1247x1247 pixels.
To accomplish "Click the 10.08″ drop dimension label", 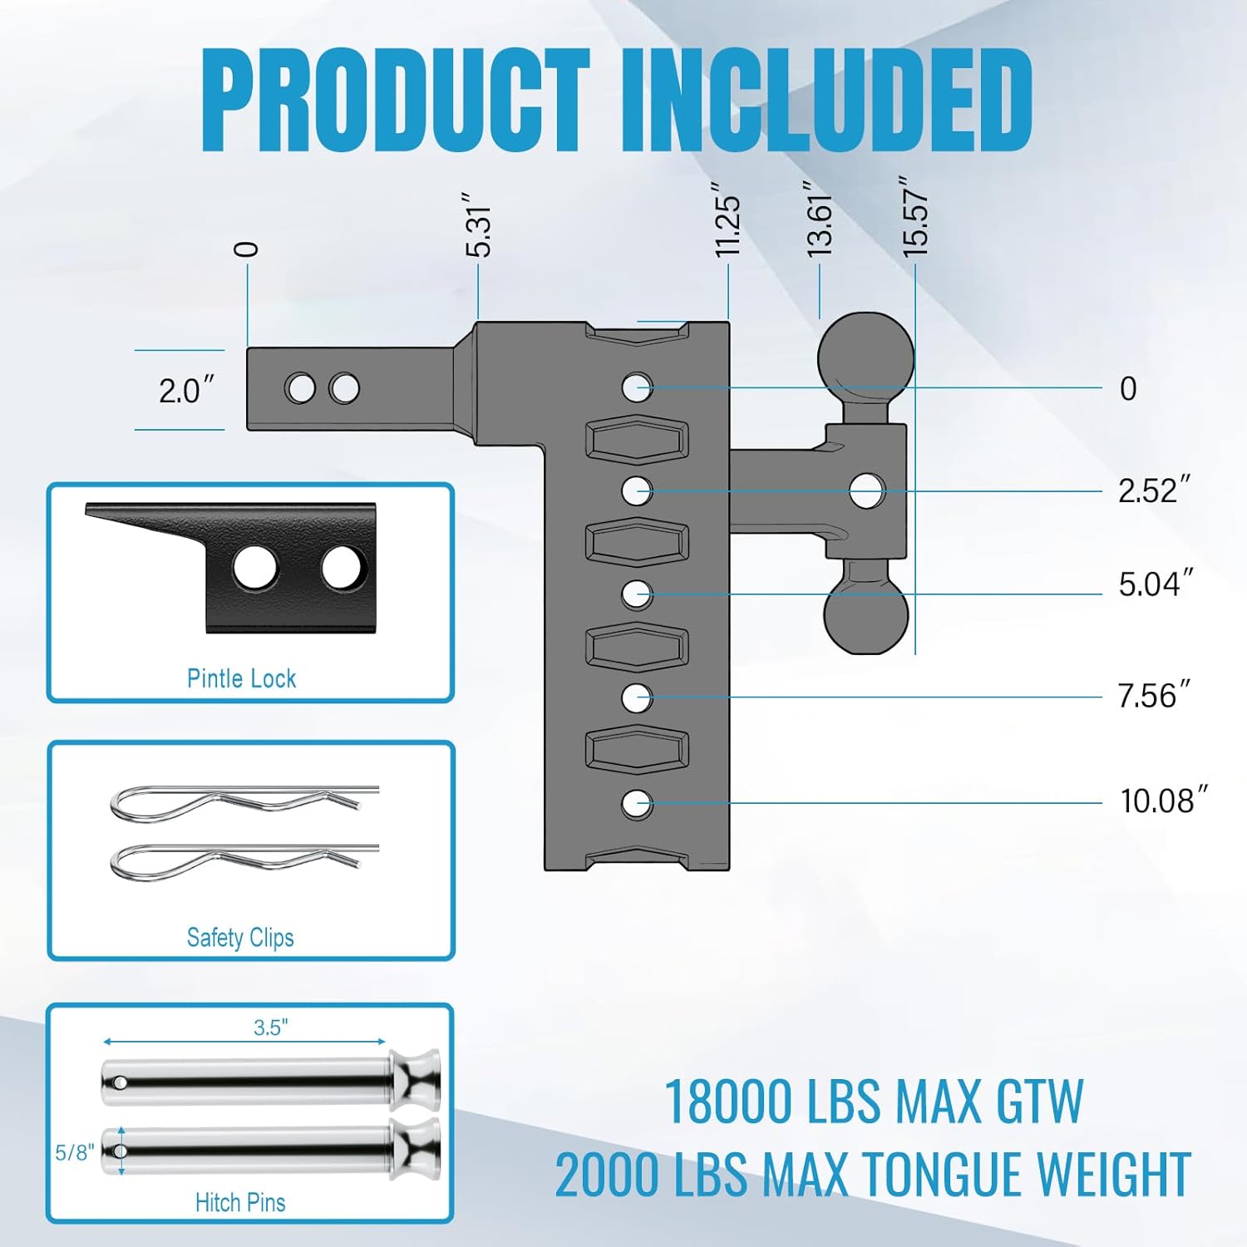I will coord(1162,801).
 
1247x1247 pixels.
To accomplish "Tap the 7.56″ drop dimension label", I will coord(1154,696).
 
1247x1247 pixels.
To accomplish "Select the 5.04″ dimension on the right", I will coord(1156,584).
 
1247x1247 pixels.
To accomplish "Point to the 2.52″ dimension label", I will coord(1154,490).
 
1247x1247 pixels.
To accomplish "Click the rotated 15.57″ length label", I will coord(915,216).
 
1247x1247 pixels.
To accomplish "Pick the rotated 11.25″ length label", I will coord(728,221).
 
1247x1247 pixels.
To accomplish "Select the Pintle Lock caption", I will coord(241,678).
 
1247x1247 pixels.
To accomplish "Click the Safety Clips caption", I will coord(240,938).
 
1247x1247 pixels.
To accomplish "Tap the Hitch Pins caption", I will coord(240,1202).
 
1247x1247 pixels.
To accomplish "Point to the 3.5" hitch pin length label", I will coord(271,1028).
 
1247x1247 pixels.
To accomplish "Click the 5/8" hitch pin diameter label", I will coord(74,1152).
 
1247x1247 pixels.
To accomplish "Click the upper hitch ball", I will coord(865,357).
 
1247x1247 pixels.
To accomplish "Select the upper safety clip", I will coord(241,802).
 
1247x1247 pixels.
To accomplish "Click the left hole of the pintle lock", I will coord(254,569).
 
